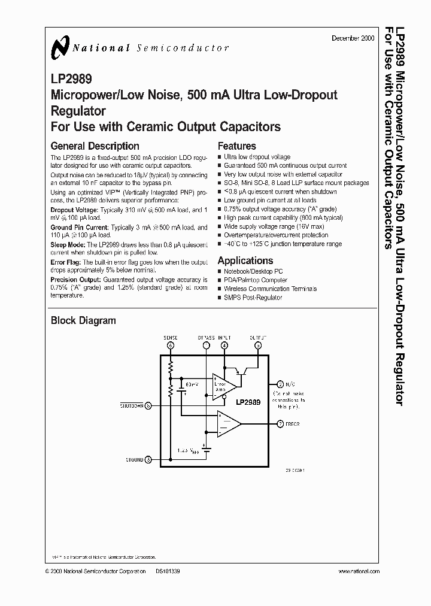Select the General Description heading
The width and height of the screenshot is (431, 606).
[x=95, y=146]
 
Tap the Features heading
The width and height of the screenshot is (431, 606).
[x=236, y=146]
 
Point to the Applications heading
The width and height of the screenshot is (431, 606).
[x=245, y=260]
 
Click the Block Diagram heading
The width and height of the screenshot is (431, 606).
[x=83, y=321]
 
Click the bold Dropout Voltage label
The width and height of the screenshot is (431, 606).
[x=71, y=210]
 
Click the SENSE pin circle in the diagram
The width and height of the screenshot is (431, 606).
[x=171, y=346]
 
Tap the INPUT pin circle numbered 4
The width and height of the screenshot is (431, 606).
[x=224, y=346]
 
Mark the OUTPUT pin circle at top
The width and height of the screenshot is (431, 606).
[x=258, y=346]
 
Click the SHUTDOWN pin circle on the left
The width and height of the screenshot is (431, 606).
[x=148, y=405]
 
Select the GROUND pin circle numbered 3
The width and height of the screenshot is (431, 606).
[x=148, y=460]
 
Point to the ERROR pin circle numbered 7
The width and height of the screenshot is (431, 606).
[x=280, y=424]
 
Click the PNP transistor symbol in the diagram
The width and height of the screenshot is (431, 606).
[x=243, y=369]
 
